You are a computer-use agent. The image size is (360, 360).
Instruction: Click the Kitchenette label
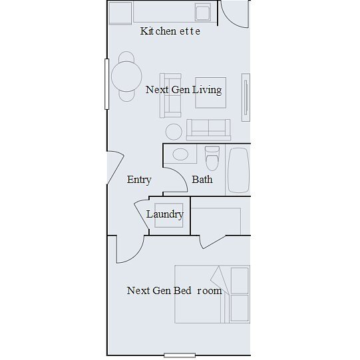click(x=170, y=31)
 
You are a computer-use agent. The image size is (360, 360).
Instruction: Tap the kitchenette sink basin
click(x=203, y=13)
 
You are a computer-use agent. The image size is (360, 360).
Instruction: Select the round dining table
click(x=126, y=77)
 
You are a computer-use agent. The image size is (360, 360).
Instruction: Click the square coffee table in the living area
click(x=211, y=92)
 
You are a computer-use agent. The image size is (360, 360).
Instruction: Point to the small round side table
click(x=174, y=132)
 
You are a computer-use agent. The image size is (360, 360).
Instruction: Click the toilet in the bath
click(x=212, y=158)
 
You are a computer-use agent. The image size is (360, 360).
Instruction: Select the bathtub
click(x=238, y=170)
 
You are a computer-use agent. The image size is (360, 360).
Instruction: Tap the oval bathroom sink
click(x=180, y=154)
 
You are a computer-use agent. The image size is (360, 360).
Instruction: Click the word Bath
click(x=202, y=180)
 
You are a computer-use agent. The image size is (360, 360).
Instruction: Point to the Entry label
click(x=139, y=180)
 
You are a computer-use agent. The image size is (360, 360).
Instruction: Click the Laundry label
click(x=165, y=214)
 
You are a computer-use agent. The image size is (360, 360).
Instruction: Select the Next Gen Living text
click(x=184, y=90)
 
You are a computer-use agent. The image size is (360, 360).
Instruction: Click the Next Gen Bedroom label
click(x=174, y=291)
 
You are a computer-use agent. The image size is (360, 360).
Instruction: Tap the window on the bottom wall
click(x=180, y=355)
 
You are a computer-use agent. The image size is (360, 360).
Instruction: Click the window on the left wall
click(x=106, y=84)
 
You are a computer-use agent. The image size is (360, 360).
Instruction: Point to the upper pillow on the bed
click(x=240, y=281)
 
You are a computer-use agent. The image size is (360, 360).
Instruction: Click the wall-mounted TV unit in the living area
click(x=246, y=97)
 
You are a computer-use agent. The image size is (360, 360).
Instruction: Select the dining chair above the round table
click(x=126, y=57)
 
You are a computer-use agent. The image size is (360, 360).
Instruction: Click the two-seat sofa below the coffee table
click(x=208, y=130)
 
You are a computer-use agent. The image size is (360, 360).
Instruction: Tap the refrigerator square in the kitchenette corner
click(x=120, y=13)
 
